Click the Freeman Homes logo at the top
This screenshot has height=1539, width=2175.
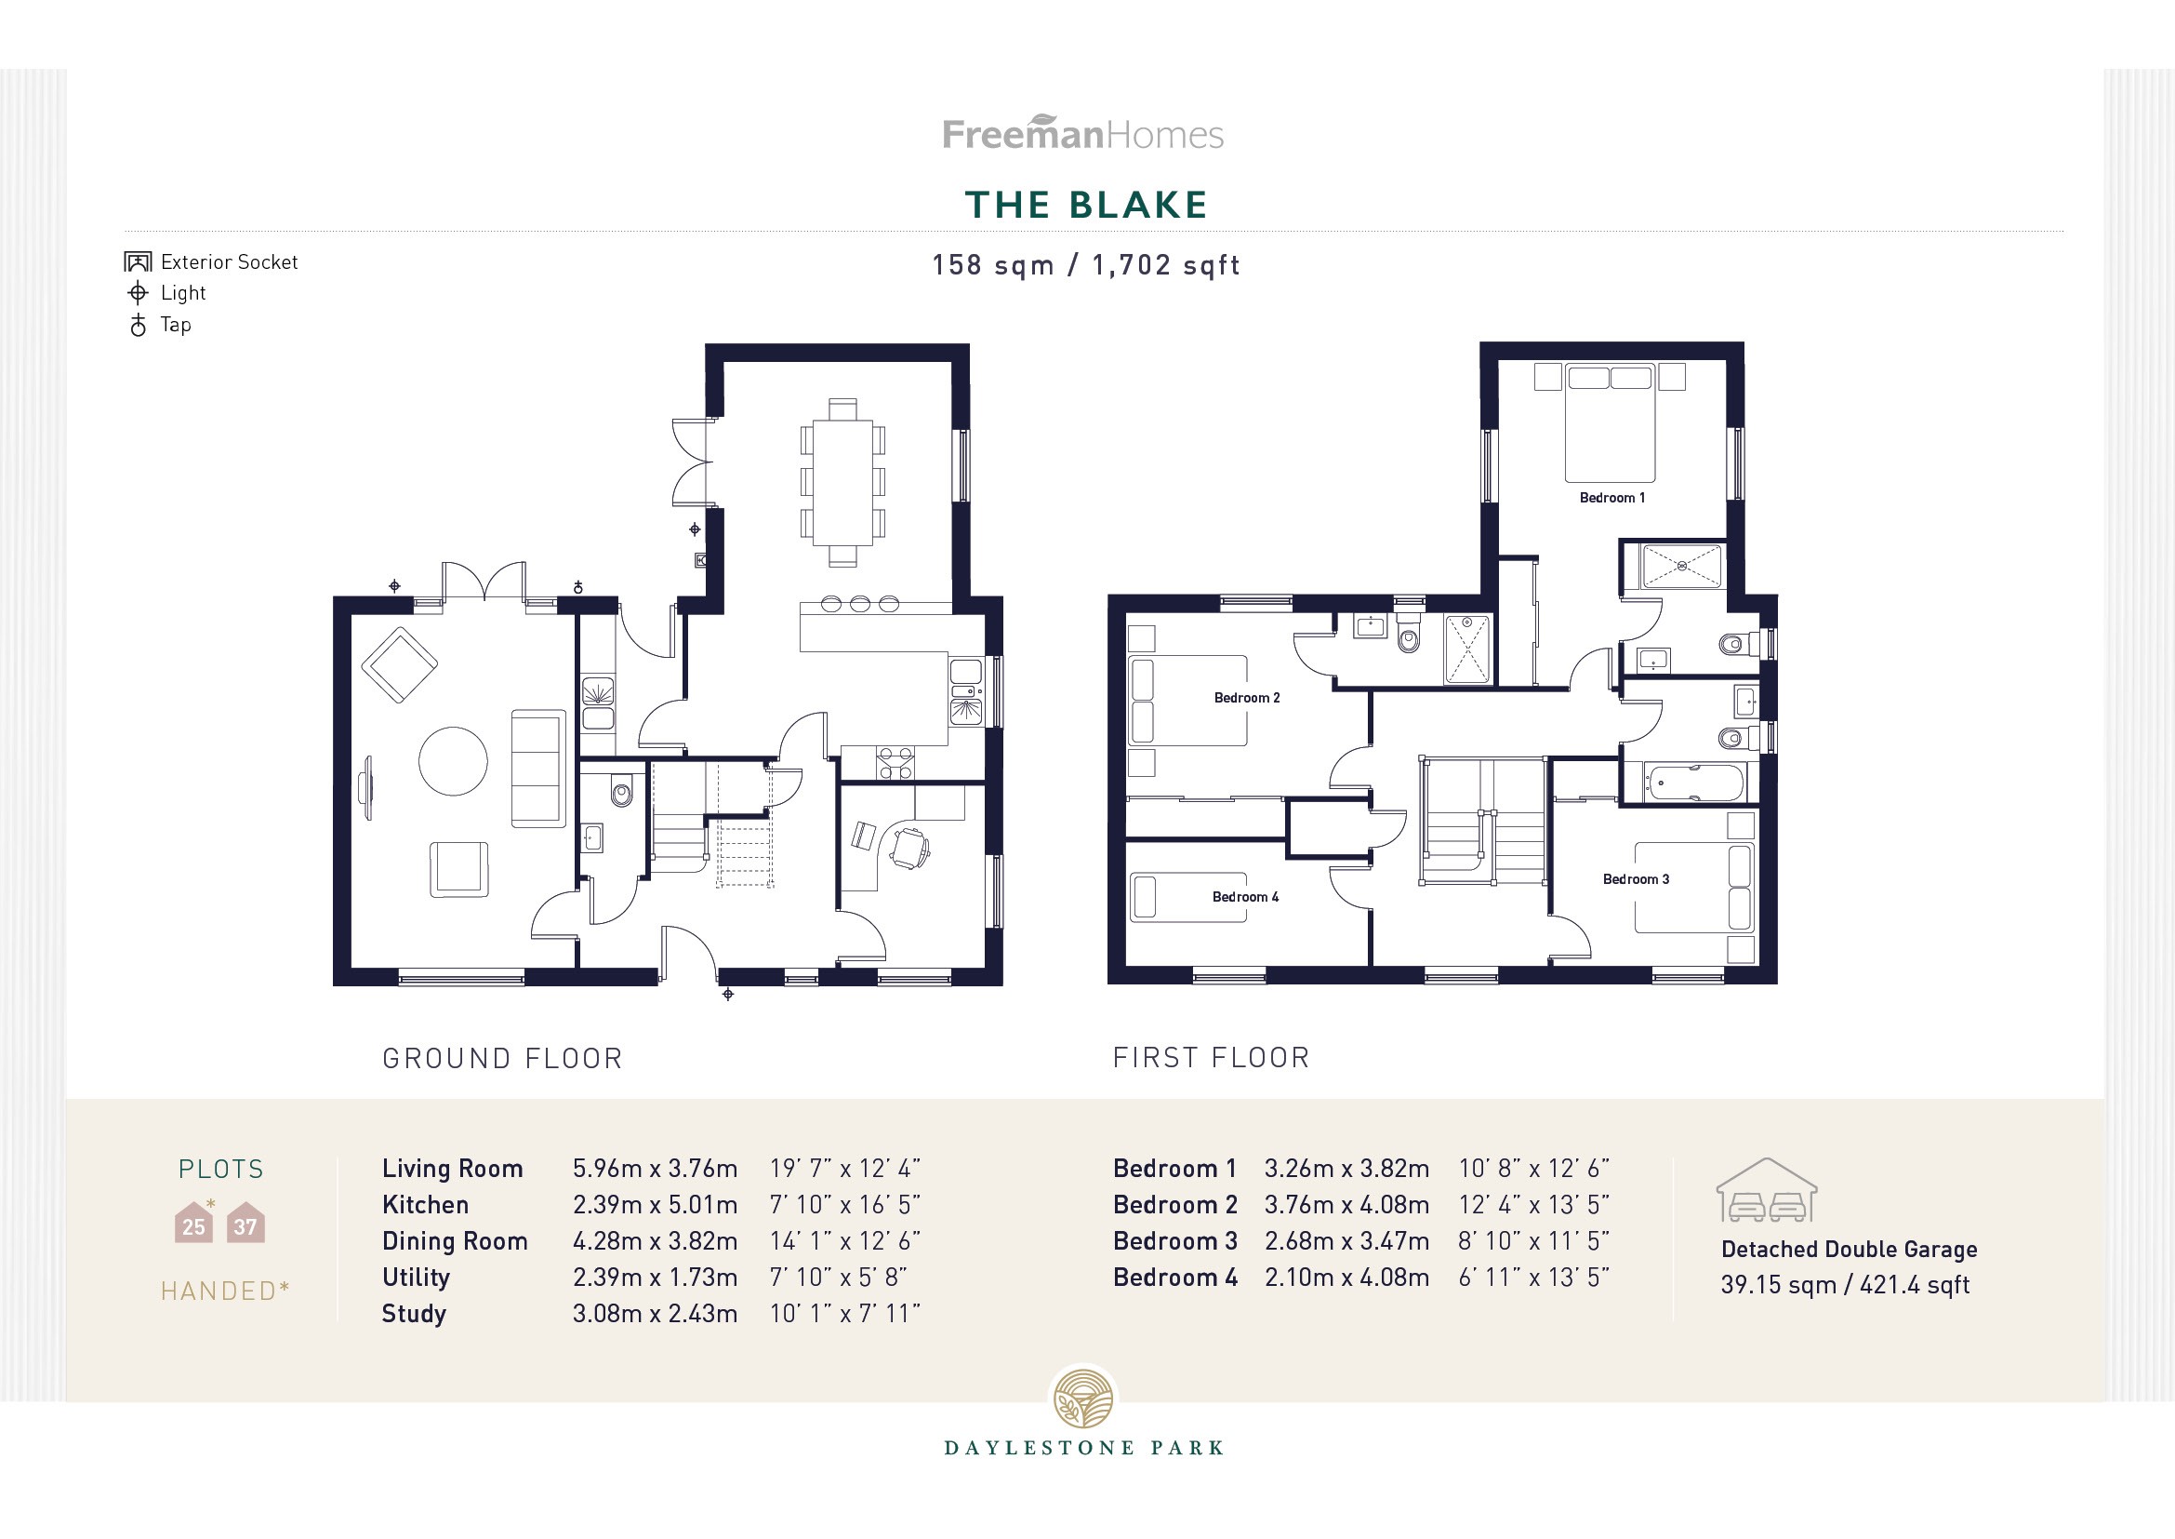tap(1082, 133)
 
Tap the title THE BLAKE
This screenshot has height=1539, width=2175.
tap(1086, 205)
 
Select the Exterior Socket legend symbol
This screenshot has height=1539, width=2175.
tap(138, 261)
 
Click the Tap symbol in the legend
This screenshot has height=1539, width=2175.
tap(139, 325)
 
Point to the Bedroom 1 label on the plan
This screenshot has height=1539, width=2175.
tap(1611, 498)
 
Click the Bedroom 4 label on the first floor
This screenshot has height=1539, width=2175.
tap(1245, 896)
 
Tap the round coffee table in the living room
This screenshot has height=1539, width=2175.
tap(453, 760)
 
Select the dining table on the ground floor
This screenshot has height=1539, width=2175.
tap(842, 482)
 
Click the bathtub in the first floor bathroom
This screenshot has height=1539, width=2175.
tap(1692, 783)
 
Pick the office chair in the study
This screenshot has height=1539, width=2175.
tap(909, 848)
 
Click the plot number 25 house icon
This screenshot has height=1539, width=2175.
tap(193, 1224)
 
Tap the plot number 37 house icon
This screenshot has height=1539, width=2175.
tap(245, 1224)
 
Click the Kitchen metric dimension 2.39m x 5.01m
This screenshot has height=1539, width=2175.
tap(655, 1204)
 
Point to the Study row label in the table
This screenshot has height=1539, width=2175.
tap(413, 1314)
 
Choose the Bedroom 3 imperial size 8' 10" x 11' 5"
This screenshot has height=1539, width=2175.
tap(1532, 1240)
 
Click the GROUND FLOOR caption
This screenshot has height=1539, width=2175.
tap(502, 1059)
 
